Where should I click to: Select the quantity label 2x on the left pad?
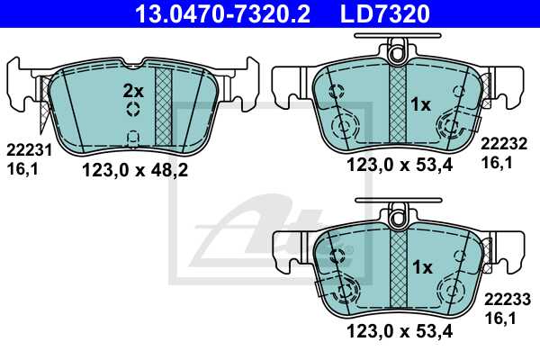tap(133, 90)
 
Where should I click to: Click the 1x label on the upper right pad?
tap(421, 105)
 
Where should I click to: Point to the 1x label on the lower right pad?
tap(421, 267)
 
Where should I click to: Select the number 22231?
tap(24, 151)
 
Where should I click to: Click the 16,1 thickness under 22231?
tap(20, 166)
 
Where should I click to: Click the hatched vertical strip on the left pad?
tap(163, 106)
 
